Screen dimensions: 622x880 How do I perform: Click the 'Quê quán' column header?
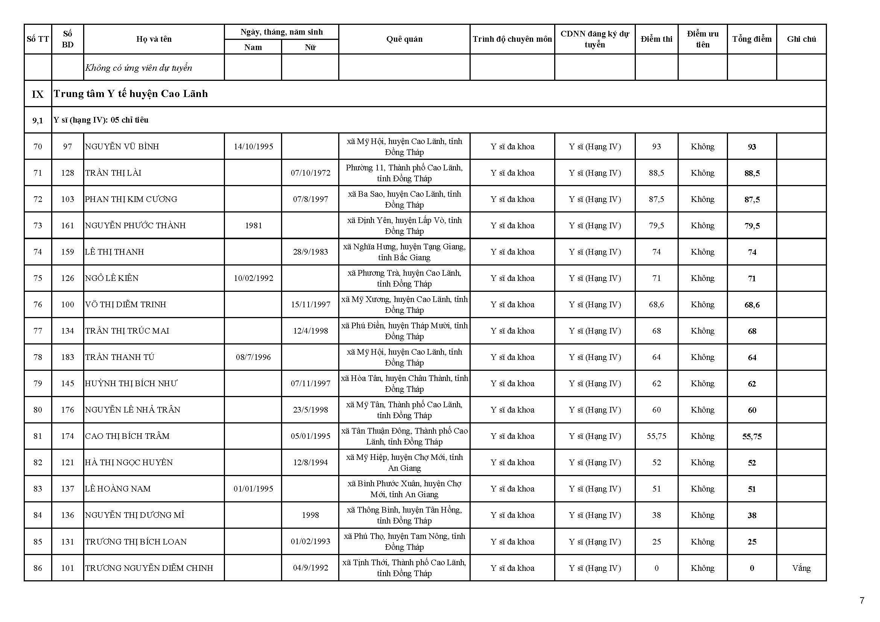(x=404, y=39)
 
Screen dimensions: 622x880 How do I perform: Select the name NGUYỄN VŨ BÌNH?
(x=122, y=147)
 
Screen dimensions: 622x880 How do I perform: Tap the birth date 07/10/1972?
(x=310, y=173)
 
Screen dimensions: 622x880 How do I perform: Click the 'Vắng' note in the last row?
(x=801, y=568)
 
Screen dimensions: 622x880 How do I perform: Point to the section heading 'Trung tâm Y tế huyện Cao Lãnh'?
(x=131, y=94)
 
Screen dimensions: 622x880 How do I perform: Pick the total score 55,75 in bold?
(x=752, y=437)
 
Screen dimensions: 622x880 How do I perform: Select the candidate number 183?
(x=67, y=357)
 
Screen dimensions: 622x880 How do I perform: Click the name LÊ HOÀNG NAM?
(x=118, y=489)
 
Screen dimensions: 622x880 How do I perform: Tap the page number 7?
(x=862, y=601)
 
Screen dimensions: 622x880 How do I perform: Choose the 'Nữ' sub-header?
(x=310, y=47)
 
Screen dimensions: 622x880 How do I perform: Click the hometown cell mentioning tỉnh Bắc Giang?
(x=404, y=252)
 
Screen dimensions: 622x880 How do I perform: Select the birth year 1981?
(x=253, y=226)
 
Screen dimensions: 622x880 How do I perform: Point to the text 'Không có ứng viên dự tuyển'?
(x=138, y=68)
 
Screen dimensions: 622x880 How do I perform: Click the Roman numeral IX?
(x=38, y=94)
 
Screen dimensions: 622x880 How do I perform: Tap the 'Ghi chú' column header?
(x=801, y=39)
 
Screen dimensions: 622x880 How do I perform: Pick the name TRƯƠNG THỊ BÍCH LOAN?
(x=136, y=542)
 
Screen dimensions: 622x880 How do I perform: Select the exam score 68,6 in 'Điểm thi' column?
(x=656, y=305)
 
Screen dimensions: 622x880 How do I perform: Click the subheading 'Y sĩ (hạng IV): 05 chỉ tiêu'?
(x=101, y=120)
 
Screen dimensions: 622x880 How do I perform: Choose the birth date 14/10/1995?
(x=253, y=147)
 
